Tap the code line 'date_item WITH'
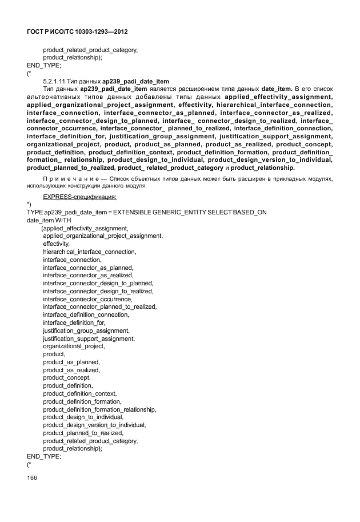click(x=49, y=220)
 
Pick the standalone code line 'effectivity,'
click(x=57, y=244)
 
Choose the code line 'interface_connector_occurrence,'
click(x=88, y=299)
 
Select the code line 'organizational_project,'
click(x=74, y=346)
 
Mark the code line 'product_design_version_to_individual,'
click(x=94, y=425)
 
